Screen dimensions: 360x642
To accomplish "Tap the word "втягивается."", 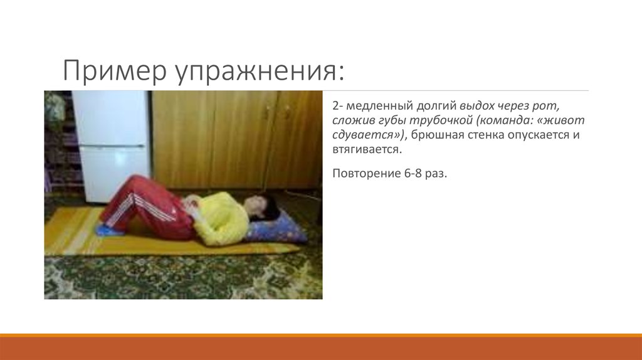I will pyautogui.click(x=366, y=150).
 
